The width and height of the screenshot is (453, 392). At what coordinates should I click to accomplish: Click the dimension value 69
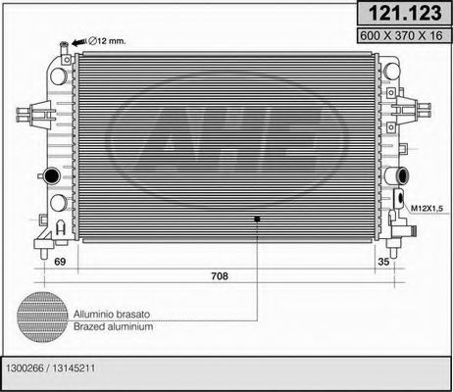tap(59, 263)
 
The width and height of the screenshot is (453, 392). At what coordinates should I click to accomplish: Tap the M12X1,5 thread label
tap(428, 208)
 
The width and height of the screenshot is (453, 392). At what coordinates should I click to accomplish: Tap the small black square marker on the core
tap(257, 218)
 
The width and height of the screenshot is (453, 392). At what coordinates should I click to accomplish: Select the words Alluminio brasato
tap(113, 313)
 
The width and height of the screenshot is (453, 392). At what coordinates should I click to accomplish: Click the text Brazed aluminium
tap(113, 326)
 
